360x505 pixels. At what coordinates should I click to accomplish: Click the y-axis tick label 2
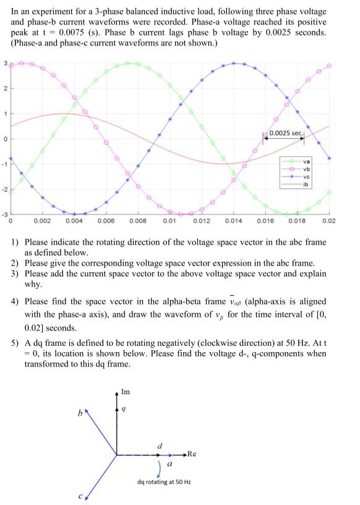[6, 88]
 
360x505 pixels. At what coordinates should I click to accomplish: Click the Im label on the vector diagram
[126, 392]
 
